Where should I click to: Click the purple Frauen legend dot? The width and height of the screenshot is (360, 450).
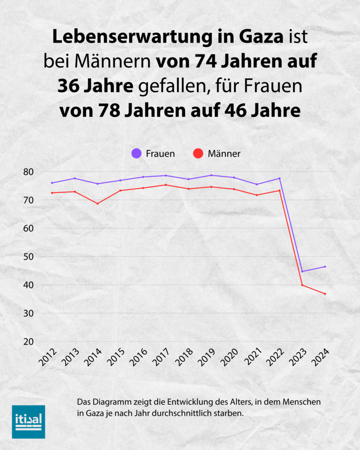137,154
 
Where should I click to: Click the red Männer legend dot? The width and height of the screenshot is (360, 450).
198,154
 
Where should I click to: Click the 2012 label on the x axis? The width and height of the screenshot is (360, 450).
48,358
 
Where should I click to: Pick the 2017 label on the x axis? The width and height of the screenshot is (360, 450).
161,358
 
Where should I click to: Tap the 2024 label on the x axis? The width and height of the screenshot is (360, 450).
320,358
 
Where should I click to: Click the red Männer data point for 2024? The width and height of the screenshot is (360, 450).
325,294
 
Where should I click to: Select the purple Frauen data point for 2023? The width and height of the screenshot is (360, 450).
302,272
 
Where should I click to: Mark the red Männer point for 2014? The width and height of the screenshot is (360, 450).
98,203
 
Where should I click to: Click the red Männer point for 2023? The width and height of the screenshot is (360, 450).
302,285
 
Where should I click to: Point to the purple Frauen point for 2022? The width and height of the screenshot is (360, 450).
280,178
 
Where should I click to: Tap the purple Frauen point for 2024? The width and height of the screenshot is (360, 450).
325,267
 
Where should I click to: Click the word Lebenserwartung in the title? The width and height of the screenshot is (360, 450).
116,37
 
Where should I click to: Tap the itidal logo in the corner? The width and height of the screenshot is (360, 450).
28,421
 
